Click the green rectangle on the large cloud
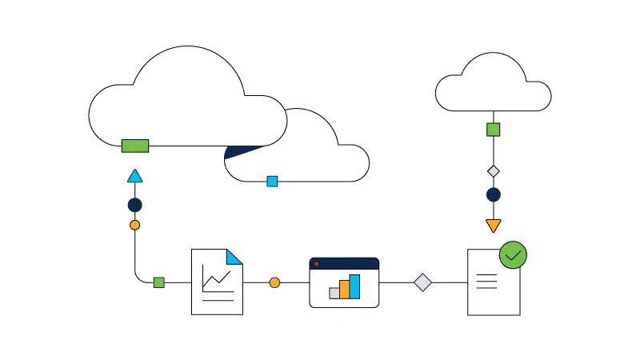pos(135,146)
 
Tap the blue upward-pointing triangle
pos(134,177)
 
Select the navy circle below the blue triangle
pos(134,205)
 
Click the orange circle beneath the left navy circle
pos(134,225)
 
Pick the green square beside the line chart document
pos(158,282)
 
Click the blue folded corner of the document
pos(234,257)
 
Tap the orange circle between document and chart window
pos(274,282)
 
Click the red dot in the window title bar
pos(317,263)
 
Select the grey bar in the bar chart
pos(334,293)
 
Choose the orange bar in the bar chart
pos(345,289)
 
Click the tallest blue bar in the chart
pos(354,286)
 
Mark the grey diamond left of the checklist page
pos(422,282)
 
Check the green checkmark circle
pos(513,255)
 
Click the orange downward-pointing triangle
pos(494,225)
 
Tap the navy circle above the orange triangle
pos(494,194)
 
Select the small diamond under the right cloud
pos(494,170)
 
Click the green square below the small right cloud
pos(494,130)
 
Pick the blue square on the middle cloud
pos(272,182)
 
